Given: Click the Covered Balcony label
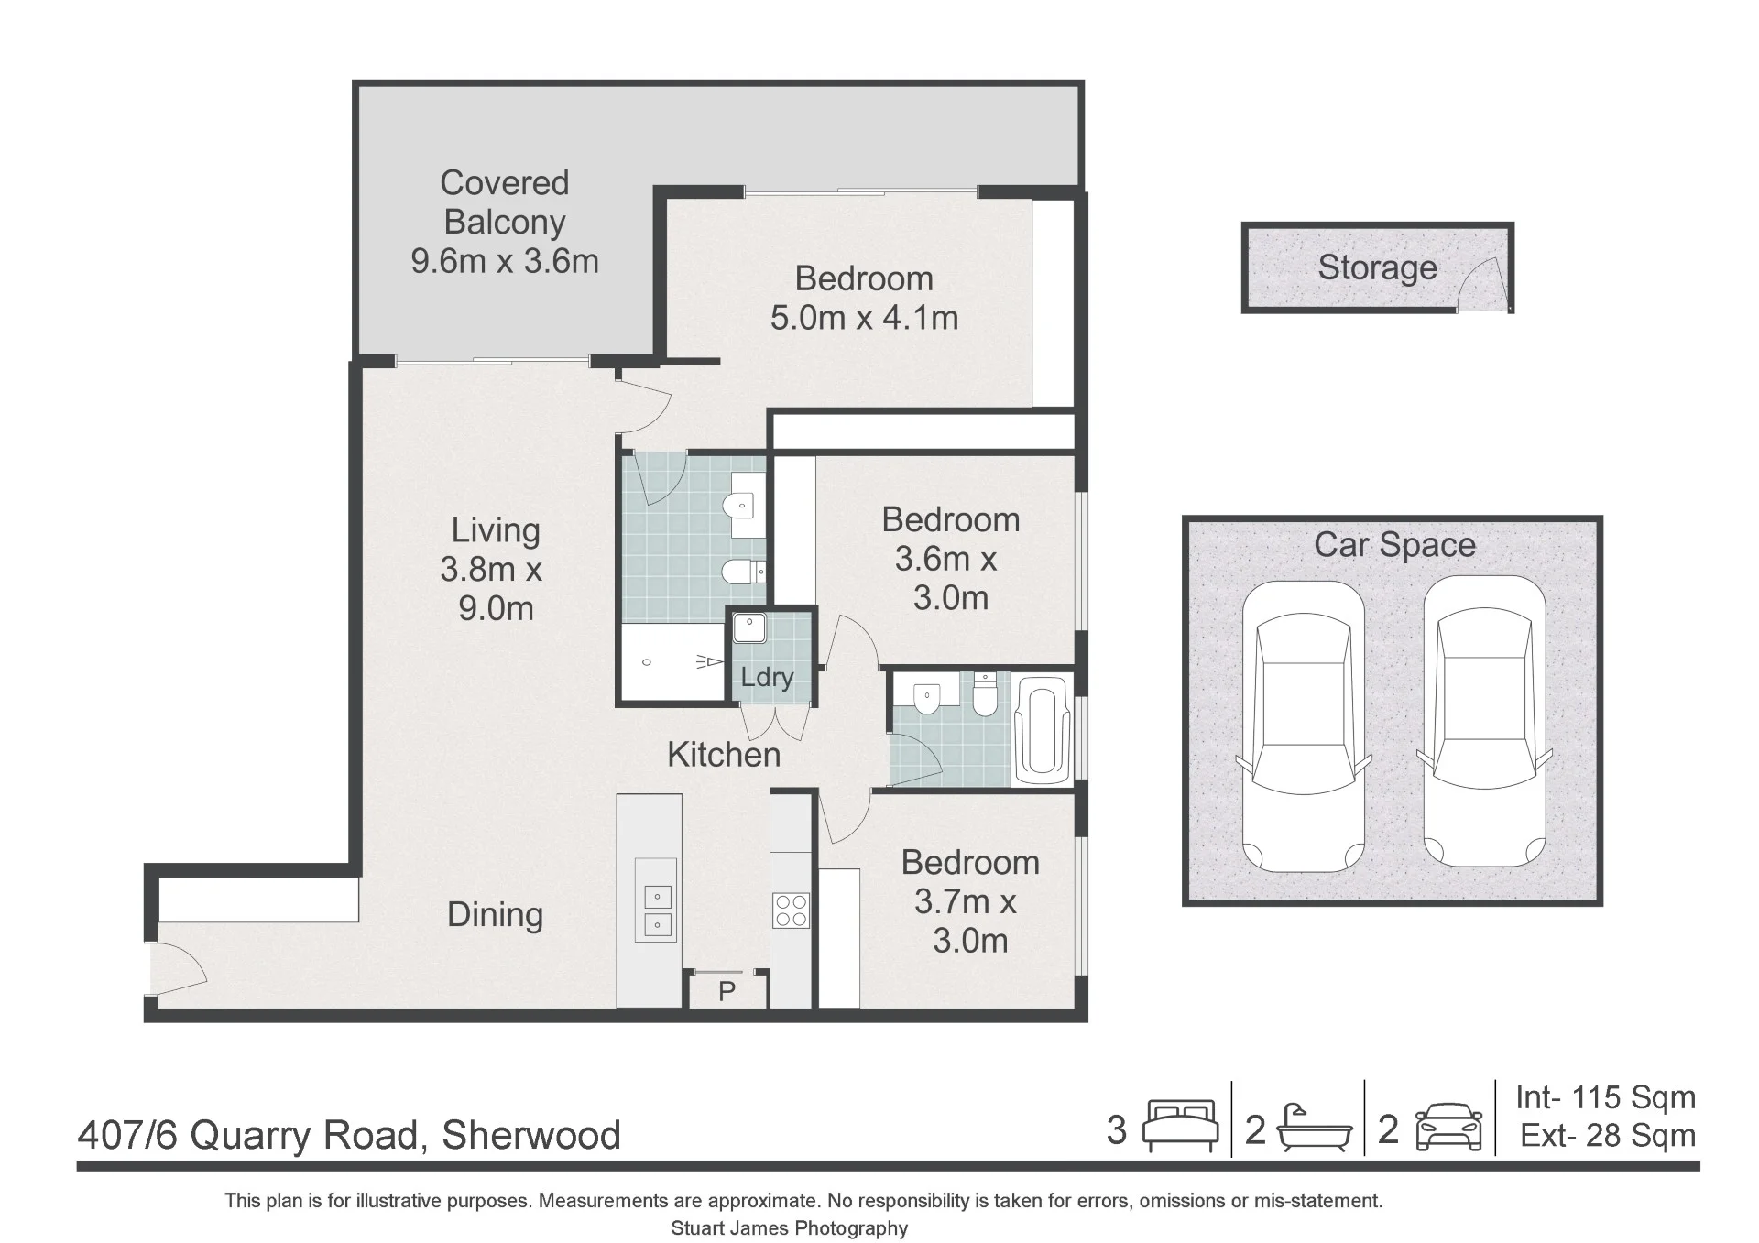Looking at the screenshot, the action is (x=504, y=202).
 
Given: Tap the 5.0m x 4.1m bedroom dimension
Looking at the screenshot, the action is (x=864, y=318).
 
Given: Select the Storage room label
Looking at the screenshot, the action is (x=1377, y=267).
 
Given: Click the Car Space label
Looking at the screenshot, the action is (x=1394, y=545).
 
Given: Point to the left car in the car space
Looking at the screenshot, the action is (x=1304, y=725).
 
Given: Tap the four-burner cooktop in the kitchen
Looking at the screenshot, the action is (x=791, y=910).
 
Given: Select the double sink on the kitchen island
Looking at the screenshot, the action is (x=656, y=910).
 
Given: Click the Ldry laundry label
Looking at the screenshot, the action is (x=767, y=677).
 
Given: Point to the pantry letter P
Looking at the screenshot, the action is (x=727, y=991).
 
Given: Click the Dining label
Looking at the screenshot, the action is (x=495, y=914).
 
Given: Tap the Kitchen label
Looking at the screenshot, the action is (x=724, y=755).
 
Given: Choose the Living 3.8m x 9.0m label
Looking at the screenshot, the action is (x=492, y=569).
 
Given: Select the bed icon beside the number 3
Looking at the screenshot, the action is (x=1182, y=1126).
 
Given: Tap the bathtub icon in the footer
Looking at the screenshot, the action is (x=1315, y=1129).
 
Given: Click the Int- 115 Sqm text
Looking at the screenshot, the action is (x=1605, y=1097).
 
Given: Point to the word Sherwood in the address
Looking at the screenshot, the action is (x=531, y=1135).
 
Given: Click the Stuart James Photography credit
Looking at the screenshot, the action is (x=789, y=1228).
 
